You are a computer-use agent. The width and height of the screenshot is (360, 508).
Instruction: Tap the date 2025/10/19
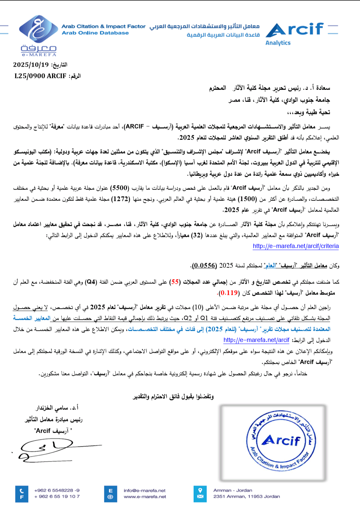tap(31, 65)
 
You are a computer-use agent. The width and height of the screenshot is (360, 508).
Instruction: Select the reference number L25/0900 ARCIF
tap(40, 76)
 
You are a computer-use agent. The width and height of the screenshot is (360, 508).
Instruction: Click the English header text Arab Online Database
tap(95, 33)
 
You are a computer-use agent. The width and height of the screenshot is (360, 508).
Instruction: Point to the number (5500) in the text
tap(120, 188)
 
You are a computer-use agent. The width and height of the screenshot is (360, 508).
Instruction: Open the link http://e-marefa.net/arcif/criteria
tap(296, 246)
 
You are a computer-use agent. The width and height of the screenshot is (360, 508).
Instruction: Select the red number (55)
tap(175, 282)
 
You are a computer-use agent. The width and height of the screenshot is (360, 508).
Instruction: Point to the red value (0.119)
tap(229, 293)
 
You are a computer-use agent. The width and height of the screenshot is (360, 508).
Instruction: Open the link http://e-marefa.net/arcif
tap(256, 340)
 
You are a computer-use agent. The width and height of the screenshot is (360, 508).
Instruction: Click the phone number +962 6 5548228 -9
tap(57, 490)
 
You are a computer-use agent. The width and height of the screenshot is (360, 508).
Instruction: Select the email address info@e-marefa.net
tap(144, 490)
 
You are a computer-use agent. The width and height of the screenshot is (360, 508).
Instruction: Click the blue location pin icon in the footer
tap(200, 490)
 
